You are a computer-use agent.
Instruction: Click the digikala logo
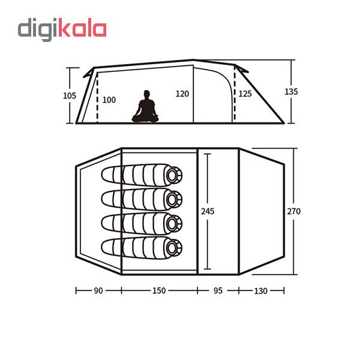pyautogui.click(x=62, y=29)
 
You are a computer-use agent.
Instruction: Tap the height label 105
pyautogui.click(x=70, y=95)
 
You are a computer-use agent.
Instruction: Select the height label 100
pyautogui.click(x=109, y=100)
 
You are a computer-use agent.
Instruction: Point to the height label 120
pyautogui.click(x=182, y=94)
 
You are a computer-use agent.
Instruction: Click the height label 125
pyautogui.click(x=245, y=94)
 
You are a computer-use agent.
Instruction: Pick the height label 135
pyautogui.click(x=292, y=92)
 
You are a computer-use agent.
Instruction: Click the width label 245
pyautogui.click(x=208, y=211)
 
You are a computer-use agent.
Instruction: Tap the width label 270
pyautogui.click(x=294, y=211)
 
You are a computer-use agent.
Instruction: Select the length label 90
pyautogui.click(x=98, y=290)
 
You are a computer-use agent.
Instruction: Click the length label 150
pyautogui.click(x=158, y=290)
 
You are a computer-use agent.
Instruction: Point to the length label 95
pyautogui.click(x=218, y=290)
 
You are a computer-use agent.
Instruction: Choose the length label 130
pyautogui.click(x=261, y=290)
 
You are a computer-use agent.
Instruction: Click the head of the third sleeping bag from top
pyautogui.click(x=174, y=223)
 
